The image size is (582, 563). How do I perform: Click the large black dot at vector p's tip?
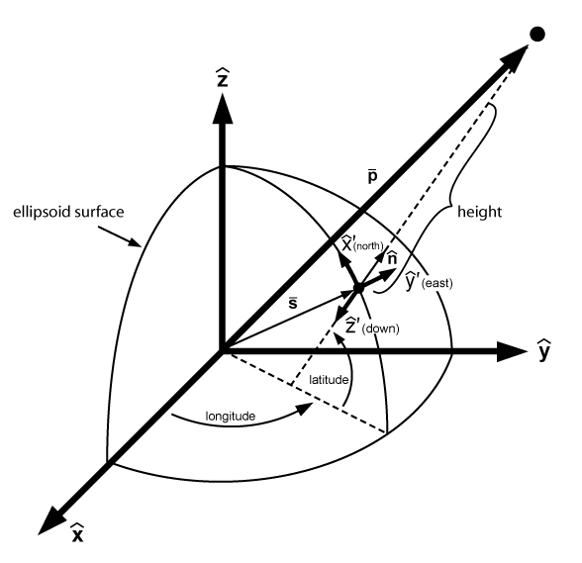pyautogui.click(x=537, y=35)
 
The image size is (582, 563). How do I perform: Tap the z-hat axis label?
pyautogui.click(x=223, y=77)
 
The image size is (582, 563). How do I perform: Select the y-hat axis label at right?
pyautogui.click(x=543, y=349)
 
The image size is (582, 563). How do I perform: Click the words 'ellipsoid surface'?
pyautogui.click(x=68, y=212)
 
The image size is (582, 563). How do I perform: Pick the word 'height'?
pyautogui.click(x=479, y=212)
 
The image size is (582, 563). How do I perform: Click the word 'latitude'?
pyautogui.click(x=329, y=380)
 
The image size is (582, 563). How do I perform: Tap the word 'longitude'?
pyautogui.click(x=231, y=417)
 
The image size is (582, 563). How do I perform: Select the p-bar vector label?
pyautogui.click(x=372, y=177)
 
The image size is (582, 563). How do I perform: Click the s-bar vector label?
pyautogui.click(x=293, y=303)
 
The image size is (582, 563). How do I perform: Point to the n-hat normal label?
pyautogui.click(x=392, y=258)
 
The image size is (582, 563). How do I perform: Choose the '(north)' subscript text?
pyautogui.click(x=368, y=246)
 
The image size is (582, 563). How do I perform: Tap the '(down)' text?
pyautogui.click(x=380, y=328)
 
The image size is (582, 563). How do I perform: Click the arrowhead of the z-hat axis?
pyautogui.click(x=223, y=108)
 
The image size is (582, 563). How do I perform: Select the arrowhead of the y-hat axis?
pyautogui.click(x=512, y=350)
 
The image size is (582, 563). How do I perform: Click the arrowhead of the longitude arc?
pyautogui.click(x=306, y=409)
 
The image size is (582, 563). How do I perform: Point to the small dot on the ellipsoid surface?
pyautogui.click(x=358, y=288)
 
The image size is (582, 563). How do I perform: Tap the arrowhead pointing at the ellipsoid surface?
pyautogui.click(x=135, y=242)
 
